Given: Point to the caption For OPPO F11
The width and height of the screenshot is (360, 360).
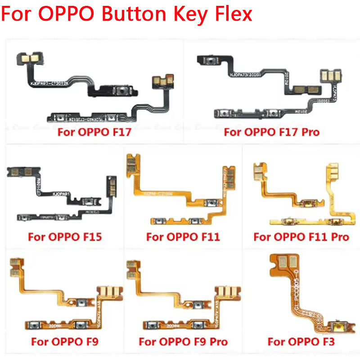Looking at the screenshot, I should [183, 236].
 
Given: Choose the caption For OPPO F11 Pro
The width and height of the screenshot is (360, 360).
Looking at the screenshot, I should [301, 236].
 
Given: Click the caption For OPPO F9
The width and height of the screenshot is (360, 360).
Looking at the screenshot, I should [64, 342].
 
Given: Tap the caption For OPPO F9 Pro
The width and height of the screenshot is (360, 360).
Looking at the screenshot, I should [184, 342].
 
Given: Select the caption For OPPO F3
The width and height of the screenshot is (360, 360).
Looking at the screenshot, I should [301, 342].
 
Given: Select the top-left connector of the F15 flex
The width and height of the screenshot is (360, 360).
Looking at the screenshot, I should [19, 171].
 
